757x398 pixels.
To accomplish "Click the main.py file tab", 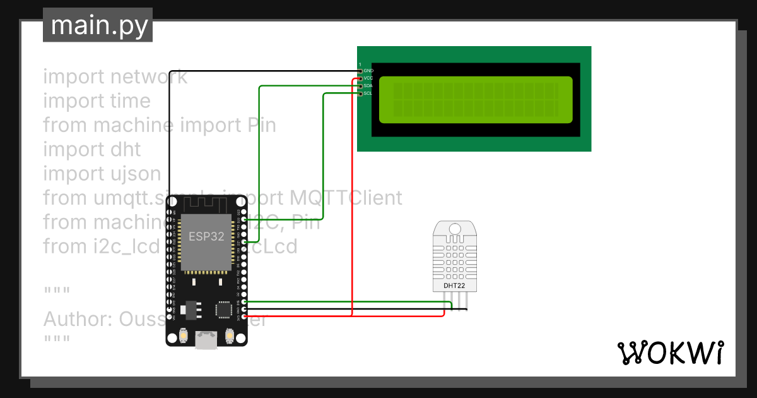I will pyautogui.click(x=98, y=25).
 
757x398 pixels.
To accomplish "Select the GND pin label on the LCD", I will pyautogui.click(x=368, y=71).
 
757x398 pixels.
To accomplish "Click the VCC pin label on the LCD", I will pyautogui.click(x=368, y=78).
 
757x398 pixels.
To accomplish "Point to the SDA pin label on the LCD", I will pyautogui.click(x=368, y=86).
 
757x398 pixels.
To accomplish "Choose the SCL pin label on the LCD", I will pyautogui.click(x=368, y=93).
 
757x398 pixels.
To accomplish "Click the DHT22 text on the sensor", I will pyautogui.click(x=454, y=286).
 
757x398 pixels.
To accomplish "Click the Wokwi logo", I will pyautogui.click(x=670, y=353).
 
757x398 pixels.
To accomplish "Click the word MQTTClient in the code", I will pyautogui.click(x=346, y=198).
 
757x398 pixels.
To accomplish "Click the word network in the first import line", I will pyautogui.click(x=148, y=76).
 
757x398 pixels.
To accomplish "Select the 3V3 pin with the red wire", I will pyautogui.click(x=245, y=317).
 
